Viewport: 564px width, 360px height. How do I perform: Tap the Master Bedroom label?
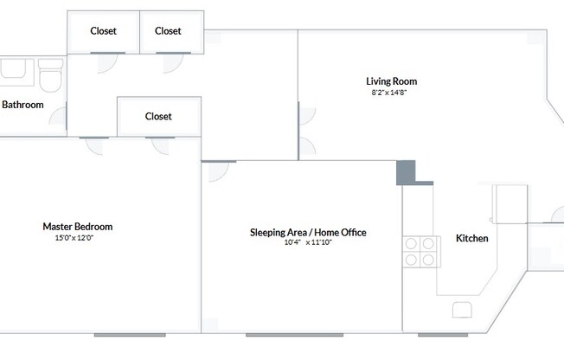78,227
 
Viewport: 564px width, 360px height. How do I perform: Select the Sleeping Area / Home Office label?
308,232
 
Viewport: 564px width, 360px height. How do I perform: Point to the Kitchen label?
472,238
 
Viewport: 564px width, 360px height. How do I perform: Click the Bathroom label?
22,105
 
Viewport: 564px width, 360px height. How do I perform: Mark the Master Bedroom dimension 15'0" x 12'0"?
74,237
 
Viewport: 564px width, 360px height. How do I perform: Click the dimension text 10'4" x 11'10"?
308,243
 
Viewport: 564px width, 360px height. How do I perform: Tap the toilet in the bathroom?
49,79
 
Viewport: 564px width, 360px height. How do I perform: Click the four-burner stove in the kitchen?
420,250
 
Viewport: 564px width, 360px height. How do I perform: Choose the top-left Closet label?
104,31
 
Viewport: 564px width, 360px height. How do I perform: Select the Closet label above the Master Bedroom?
158,116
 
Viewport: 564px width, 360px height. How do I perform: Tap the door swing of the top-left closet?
106,61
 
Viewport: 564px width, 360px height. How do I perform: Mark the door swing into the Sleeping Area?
217,170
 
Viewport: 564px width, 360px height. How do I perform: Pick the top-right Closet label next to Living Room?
168,31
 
